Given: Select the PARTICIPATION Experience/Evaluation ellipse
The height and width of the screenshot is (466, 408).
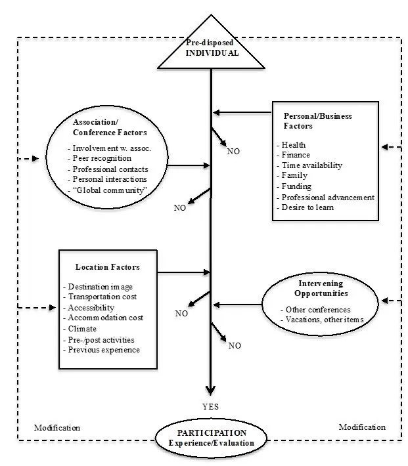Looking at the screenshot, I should [211, 438].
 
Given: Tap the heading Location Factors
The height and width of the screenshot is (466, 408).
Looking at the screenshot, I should [107, 267].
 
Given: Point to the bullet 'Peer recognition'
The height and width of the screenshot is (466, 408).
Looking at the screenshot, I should [102, 158].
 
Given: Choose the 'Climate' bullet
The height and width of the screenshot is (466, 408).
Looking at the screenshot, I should [81, 328].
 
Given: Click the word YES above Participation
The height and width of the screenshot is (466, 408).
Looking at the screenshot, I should [211, 407].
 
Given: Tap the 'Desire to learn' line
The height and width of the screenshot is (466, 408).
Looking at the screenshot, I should [309, 207].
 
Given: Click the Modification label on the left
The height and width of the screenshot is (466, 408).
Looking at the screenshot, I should [57, 427].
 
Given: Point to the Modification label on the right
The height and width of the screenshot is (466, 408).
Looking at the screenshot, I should [362, 427].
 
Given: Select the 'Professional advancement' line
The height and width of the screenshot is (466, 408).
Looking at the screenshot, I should [327, 197].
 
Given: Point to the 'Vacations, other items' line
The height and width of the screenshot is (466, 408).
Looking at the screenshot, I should [325, 319].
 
